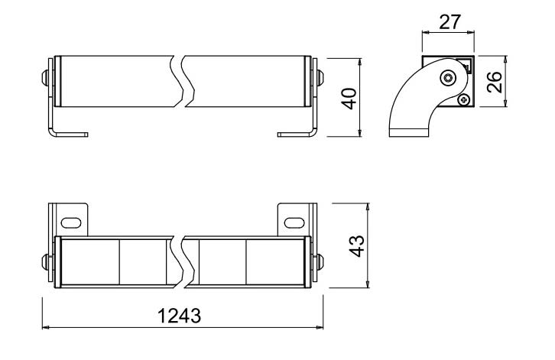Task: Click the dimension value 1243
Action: [x=180, y=316]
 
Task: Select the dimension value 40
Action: [x=349, y=99]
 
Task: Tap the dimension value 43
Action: [x=357, y=246]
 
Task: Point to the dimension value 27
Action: [x=450, y=22]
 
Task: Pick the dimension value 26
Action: [x=494, y=82]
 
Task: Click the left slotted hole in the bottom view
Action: [x=71, y=222]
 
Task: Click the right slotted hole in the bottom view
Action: [x=294, y=222]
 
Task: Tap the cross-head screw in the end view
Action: [x=464, y=100]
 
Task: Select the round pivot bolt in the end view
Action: [x=449, y=77]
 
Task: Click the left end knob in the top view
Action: [x=45, y=78]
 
